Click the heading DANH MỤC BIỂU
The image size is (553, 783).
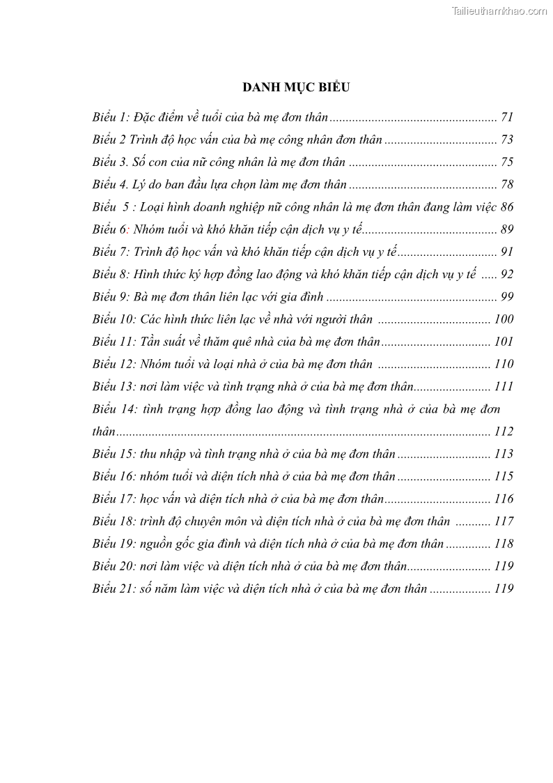pos(295,87)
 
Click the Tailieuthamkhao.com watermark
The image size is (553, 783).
pos(499,10)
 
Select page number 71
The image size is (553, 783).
pos(506,118)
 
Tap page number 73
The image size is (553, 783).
pos(506,140)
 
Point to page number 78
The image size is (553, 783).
pos(506,185)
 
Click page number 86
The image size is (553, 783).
pos(506,207)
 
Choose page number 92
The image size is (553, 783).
pos(506,275)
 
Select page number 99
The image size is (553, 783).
pos(506,297)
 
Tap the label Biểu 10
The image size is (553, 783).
pos(113,319)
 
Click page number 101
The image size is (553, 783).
pos(504,342)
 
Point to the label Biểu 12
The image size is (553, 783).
pos(113,364)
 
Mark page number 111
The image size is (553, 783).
pos(504,386)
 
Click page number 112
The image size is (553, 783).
pos(504,432)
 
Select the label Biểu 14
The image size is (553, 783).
pos(113,409)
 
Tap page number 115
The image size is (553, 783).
pos(504,476)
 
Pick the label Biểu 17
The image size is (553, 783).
pos(113,499)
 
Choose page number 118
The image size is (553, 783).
pos(504,543)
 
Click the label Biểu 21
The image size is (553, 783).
pos(113,588)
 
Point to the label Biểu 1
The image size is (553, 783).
pos(110,118)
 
